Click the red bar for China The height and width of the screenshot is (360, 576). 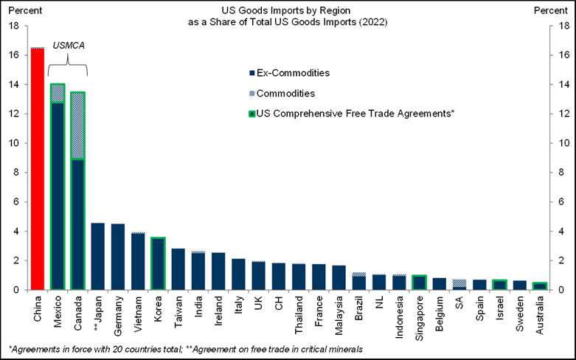pyautogui.click(x=37, y=170)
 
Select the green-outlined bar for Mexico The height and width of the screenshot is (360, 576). pyautogui.click(x=58, y=192)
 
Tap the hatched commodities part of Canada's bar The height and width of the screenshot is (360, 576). pyautogui.click(x=77, y=125)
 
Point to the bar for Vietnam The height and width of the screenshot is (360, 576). pyautogui.click(x=138, y=262)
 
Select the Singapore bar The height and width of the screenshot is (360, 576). pyautogui.click(x=419, y=283)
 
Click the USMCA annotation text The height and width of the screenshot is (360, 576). pyautogui.click(x=68, y=46)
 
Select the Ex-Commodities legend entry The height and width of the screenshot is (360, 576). pyautogui.click(x=294, y=73)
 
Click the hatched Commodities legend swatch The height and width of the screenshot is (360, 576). pyautogui.click(x=253, y=94)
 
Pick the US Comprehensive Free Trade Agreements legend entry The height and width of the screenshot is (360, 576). pyautogui.click(x=351, y=114)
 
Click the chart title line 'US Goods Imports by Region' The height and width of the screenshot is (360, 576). pyautogui.click(x=288, y=11)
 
